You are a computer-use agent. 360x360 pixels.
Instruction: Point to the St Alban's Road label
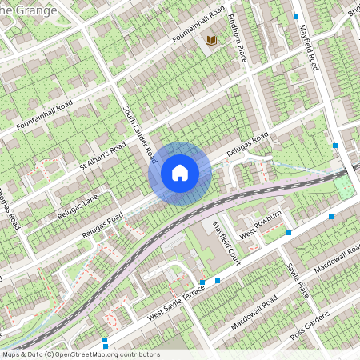click(103, 158)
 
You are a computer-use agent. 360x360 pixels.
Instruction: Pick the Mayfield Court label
click(226, 242)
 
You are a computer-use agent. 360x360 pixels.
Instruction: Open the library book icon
click(211, 40)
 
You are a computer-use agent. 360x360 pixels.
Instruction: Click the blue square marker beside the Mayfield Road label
click(296, 16)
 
